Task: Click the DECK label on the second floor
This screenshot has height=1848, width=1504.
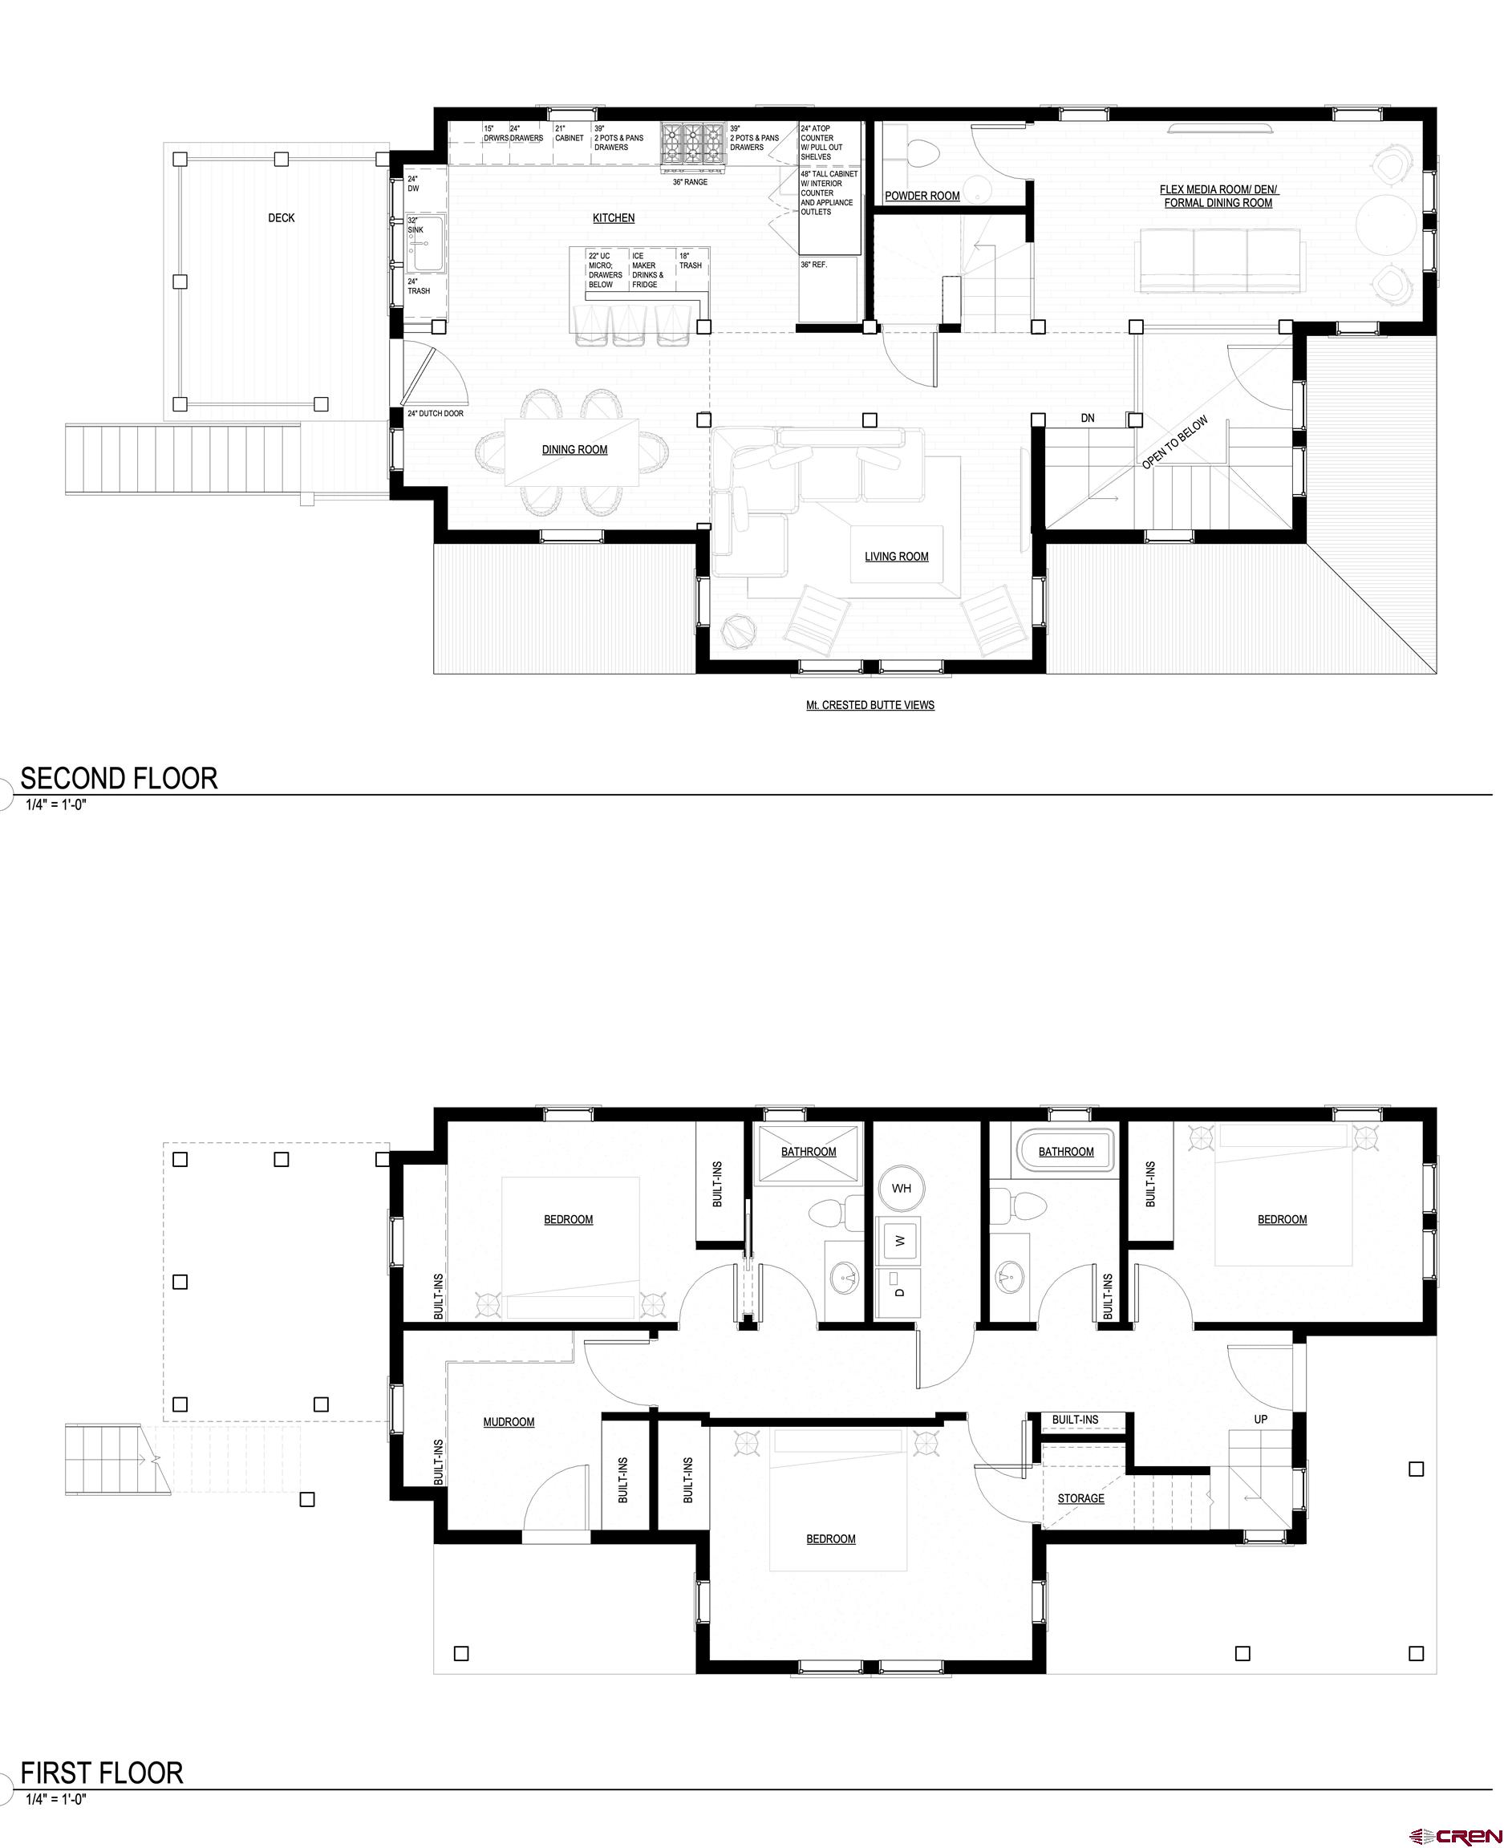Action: click(x=281, y=217)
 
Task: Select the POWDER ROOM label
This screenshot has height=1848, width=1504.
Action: click(x=922, y=196)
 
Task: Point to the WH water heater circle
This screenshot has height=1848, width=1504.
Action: click(x=901, y=1188)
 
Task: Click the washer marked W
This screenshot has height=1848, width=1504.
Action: click(x=900, y=1241)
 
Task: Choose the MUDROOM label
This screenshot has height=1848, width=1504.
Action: click(x=509, y=1422)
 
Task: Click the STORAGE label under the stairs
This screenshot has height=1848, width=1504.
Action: click(x=1080, y=1498)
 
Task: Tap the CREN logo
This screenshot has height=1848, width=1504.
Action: click(x=1456, y=1830)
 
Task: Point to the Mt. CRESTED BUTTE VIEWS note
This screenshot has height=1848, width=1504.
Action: click(x=870, y=705)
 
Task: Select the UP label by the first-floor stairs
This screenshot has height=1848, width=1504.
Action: click(x=1261, y=1419)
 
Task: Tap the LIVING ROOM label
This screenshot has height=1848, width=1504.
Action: click(x=896, y=556)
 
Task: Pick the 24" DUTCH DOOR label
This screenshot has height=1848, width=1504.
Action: click(x=436, y=414)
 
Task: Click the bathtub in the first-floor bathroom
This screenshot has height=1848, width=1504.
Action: click(x=1064, y=1152)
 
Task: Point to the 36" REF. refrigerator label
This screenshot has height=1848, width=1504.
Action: click(x=814, y=264)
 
